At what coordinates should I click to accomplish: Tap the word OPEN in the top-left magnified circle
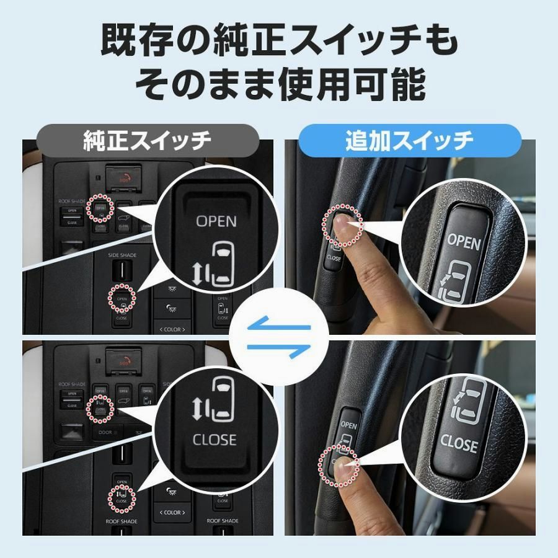click(x=216, y=221)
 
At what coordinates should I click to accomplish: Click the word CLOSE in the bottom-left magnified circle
click(x=215, y=440)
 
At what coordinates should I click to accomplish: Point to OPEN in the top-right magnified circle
click(x=464, y=242)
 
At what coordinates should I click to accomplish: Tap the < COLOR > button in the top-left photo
click(x=172, y=329)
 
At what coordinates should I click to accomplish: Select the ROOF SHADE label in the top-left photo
click(x=72, y=201)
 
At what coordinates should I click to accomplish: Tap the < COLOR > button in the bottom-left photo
click(x=172, y=512)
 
